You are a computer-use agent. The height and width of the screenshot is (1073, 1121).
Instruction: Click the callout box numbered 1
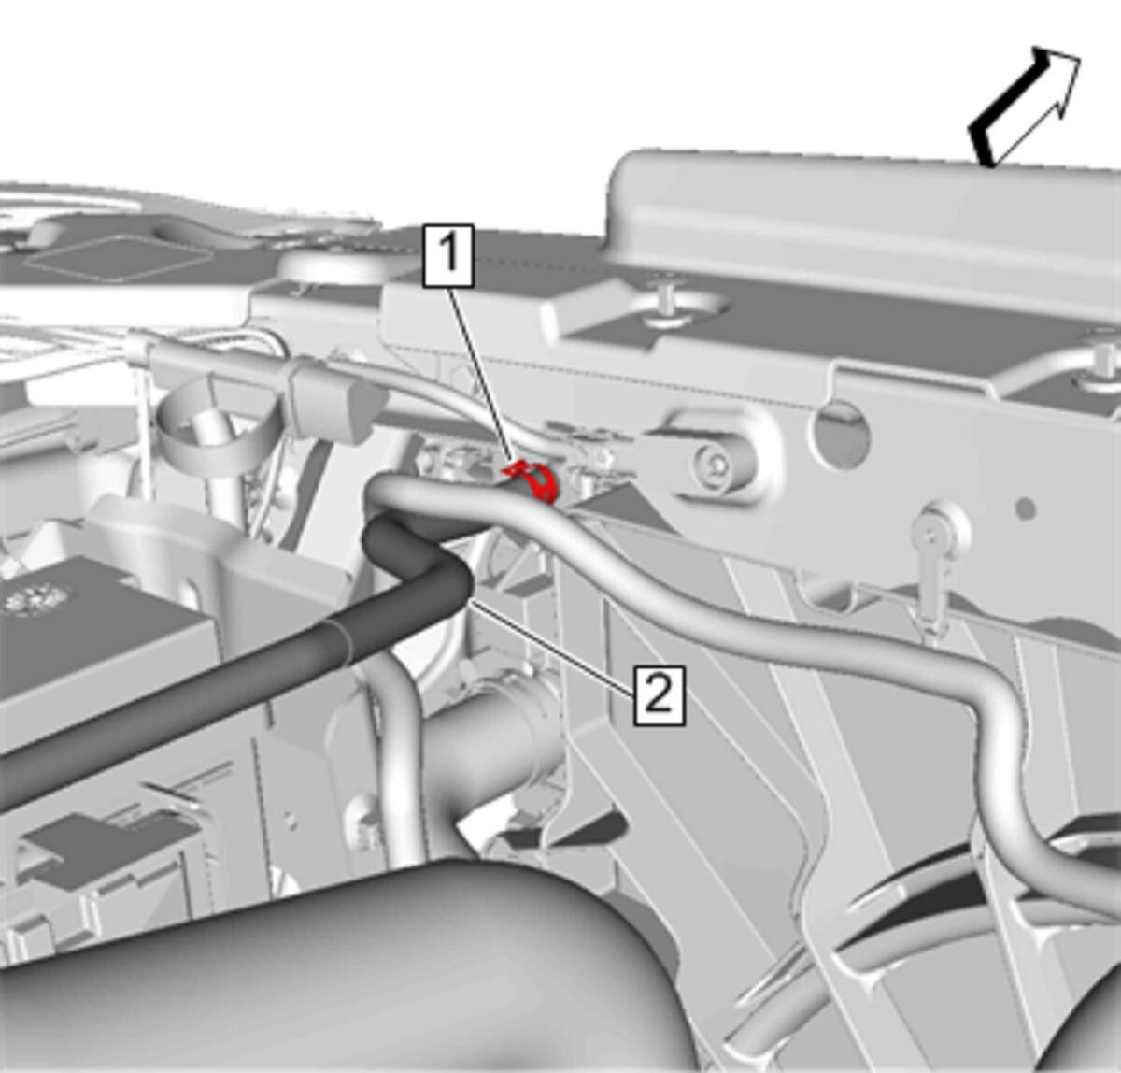[x=448, y=255]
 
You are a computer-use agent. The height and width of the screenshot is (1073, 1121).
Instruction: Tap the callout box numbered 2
[x=660, y=695]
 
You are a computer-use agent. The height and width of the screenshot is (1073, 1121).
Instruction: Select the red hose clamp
[x=533, y=479]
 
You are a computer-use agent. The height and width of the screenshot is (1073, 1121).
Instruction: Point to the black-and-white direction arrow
[x=1024, y=107]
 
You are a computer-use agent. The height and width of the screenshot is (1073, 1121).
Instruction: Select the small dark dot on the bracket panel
[x=1027, y=508]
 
